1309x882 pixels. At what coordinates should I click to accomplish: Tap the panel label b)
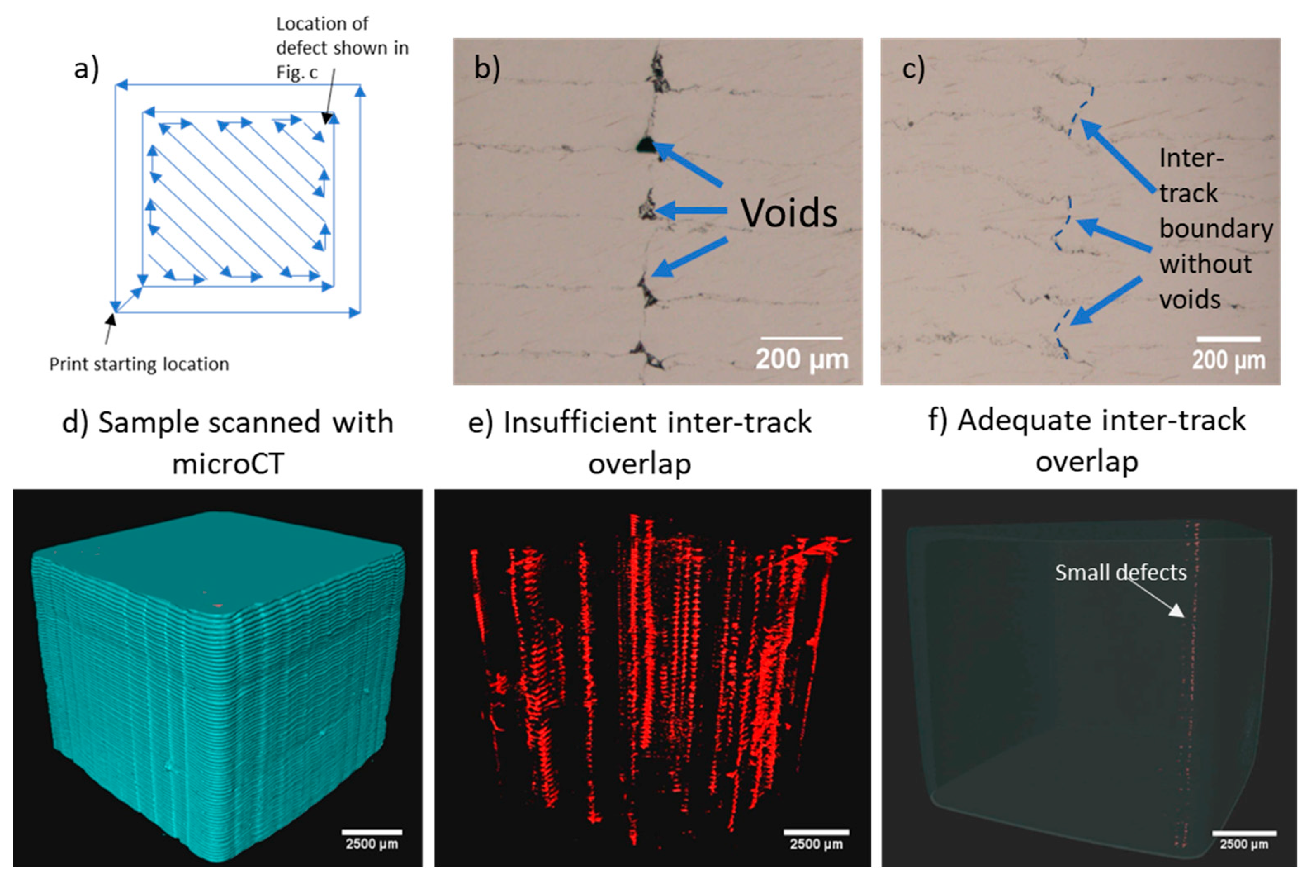[487, 68]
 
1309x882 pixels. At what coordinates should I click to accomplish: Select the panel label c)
[913, 69]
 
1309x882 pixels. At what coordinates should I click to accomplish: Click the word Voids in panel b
[788, 213]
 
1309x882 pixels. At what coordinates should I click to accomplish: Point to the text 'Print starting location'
[139, 364]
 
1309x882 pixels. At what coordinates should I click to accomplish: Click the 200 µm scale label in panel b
[802, 359]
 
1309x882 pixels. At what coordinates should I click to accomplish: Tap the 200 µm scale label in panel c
[1229, 360]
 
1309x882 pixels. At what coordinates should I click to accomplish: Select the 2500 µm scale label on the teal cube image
[372, 844]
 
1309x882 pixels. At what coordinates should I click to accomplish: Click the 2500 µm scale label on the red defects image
[816, 844]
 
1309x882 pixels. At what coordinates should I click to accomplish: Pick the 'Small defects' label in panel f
[1120, 573]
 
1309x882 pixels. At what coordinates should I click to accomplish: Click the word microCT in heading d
[227, 464]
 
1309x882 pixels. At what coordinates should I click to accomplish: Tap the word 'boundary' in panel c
[1216, 229]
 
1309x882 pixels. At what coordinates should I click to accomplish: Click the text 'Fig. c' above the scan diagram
[296, 73]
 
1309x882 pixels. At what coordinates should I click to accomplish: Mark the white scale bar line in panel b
[802, 338]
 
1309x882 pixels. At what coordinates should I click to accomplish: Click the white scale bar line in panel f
[1244, 833]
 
